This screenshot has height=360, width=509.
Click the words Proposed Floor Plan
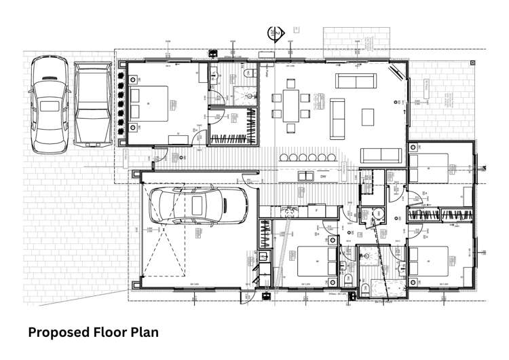click(x=94, y=333)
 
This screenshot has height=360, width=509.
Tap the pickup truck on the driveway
click(x=92, y=105)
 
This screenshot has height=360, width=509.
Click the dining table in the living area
click(x=291, y=106)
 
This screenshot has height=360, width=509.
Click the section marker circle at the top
click(x=275, y=33)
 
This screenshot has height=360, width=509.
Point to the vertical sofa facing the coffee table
click(x=337, y=117)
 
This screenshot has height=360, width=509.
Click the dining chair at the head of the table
click(x=291, y=84)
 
